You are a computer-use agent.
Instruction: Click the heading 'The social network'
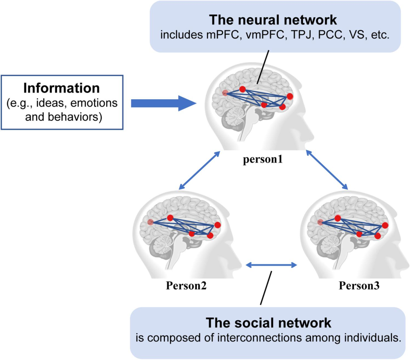coord(268,323)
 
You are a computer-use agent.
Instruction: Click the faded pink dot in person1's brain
coord(225,93)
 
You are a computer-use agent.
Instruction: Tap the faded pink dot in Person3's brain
coord(320,222)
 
